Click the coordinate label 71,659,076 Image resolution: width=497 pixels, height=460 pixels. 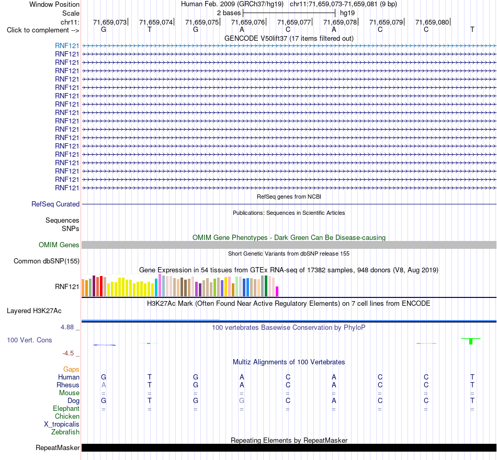coord(248,22)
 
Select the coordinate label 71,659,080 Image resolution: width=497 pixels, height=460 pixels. coord(432,22)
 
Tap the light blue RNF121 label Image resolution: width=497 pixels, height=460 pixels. coord(67,45)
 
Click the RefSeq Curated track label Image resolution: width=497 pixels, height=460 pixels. coord(55,204)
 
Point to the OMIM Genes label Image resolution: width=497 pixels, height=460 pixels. coord(59,245)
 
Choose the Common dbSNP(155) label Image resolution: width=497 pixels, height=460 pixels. coord(47,261)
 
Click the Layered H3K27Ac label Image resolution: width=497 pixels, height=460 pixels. coord(34,311)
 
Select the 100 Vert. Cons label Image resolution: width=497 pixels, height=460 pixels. coord(29,340)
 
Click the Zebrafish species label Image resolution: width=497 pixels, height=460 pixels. coord(65,432)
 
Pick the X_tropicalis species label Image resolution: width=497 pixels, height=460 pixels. coord(62,424)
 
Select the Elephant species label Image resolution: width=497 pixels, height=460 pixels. coord(66,409)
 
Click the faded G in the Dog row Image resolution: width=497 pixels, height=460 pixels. coord(242,401)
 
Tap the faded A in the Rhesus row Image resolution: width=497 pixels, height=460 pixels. coord(104,385)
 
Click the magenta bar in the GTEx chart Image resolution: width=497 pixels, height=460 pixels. coord(277,292)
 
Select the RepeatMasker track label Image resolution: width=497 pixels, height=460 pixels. coord(58,447)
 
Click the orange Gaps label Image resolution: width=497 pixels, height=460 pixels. coord(71,370)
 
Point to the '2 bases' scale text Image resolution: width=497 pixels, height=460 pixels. coord(229,13)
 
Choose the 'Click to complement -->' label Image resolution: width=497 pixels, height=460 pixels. coord(43,30)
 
